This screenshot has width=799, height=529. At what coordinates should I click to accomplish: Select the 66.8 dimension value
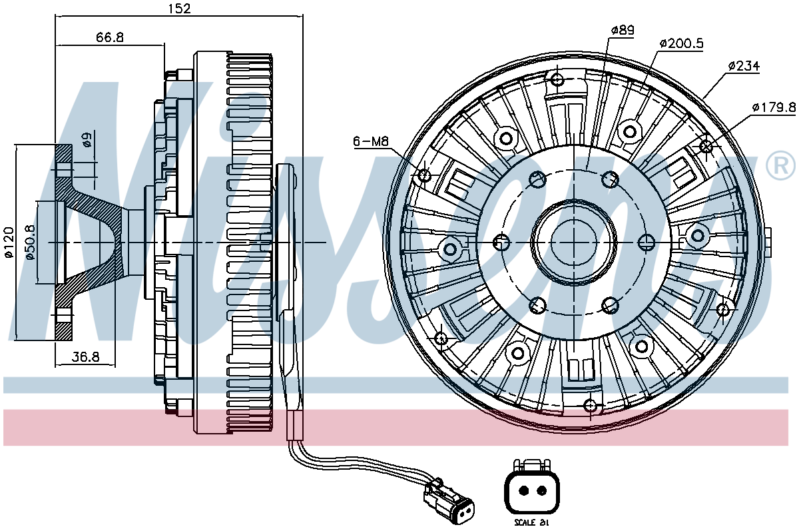pos(110,37)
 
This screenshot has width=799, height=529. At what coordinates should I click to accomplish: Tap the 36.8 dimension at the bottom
pos(85,357)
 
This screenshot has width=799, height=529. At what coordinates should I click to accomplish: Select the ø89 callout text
pos(623,30)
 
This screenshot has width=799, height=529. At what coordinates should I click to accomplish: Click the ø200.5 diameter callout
pos(681,43)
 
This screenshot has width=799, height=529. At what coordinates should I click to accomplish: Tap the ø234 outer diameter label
pos(744,66)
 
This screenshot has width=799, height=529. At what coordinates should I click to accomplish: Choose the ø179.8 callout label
pos(774,107)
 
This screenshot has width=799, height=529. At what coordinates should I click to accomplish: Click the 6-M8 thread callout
pos(370,141)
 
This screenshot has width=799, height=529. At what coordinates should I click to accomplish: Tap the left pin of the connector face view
pos(523,492)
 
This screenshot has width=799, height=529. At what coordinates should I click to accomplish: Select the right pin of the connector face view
pos(541,492)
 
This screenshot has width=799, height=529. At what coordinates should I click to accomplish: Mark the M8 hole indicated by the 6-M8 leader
pos(424,175)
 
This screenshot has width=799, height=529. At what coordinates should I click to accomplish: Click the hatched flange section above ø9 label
pos(63,156)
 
